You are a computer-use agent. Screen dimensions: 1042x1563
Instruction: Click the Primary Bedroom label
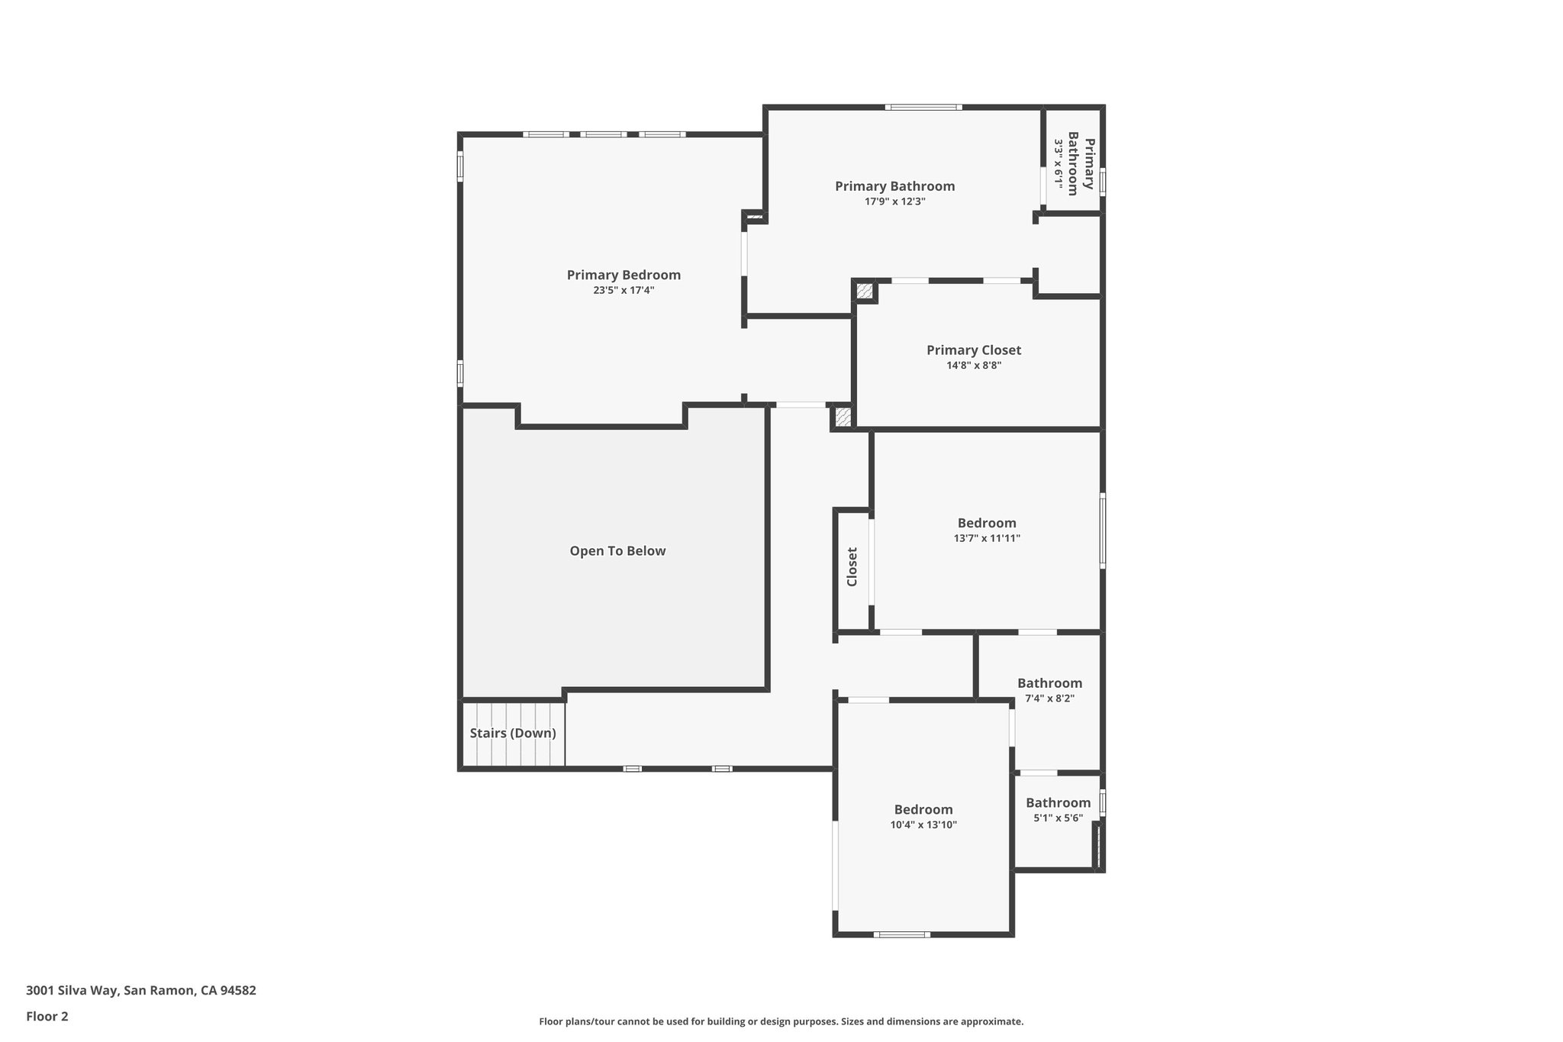coord(624,275)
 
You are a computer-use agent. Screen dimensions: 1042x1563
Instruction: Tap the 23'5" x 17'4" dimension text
coord(624,291)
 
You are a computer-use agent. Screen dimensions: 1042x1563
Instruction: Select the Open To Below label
coord(617,551)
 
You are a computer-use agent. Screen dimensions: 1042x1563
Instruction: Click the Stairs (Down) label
coord(513,734)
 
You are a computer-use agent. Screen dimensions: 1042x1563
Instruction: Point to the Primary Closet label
coord(974,350)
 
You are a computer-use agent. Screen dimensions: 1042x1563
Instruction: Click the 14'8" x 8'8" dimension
coord(974,366)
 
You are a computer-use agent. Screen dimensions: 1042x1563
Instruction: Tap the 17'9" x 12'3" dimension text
coord(894,202)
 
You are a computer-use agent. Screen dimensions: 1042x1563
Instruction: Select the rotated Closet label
coord(852,567)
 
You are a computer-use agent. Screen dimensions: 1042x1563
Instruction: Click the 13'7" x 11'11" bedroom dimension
coord(987,538)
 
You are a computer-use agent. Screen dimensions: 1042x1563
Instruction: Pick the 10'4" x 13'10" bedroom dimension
coord(923,825)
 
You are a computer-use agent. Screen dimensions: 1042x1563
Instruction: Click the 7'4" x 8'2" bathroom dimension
coord(1049,698)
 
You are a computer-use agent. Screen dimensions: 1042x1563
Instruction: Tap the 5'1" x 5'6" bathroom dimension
coord(1058,818)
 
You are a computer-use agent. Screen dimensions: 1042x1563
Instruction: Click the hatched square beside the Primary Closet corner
coord(865,291)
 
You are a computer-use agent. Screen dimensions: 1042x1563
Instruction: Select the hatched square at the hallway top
coord(843,417)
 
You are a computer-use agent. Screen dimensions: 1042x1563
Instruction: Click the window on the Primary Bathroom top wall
coord(923,108)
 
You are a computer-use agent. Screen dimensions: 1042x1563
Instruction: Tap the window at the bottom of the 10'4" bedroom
coord(901,934)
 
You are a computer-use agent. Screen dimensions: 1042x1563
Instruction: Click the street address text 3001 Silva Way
coord(141,991)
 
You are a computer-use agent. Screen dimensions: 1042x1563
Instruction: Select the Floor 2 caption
coord(47,1016)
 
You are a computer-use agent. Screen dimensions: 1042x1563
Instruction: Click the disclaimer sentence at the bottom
coord(781,1021)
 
